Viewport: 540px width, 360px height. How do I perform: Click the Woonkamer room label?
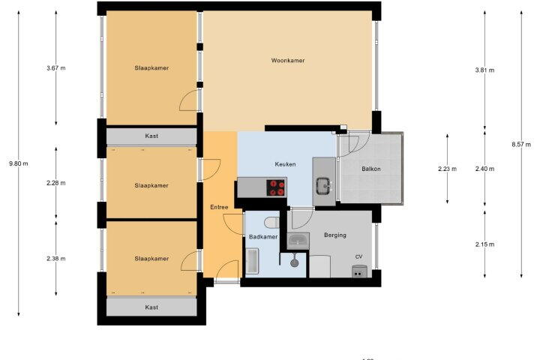[288, 61]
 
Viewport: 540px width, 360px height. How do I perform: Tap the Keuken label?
[285, 164]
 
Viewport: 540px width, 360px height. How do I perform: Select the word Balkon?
[371, 169]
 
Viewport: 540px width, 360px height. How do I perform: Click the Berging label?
[335, 235]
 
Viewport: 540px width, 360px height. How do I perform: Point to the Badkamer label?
[263, 237]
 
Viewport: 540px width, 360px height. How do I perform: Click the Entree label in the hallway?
[219, 208]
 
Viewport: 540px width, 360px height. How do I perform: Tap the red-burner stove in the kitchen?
[277, 187]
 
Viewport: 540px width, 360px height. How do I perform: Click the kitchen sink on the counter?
[323, 186]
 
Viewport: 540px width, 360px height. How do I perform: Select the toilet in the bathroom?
[271, 223]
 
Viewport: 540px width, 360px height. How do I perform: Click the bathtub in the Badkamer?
[253, 261]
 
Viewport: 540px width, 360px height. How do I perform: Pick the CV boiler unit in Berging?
[359, 271]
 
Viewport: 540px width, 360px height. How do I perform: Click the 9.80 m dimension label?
[19, 163]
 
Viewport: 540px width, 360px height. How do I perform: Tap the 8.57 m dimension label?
[521, 145]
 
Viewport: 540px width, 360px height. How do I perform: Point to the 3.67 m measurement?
[56, 68]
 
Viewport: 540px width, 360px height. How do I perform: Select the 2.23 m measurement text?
[447, 169]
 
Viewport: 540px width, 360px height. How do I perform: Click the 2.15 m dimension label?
[484, 244]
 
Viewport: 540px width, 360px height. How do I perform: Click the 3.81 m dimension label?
[484, 70]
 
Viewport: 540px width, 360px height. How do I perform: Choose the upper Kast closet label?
[151, 136]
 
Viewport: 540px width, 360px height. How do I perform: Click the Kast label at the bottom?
[151, 307]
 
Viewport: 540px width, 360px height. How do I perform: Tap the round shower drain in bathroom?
[294, 262]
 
